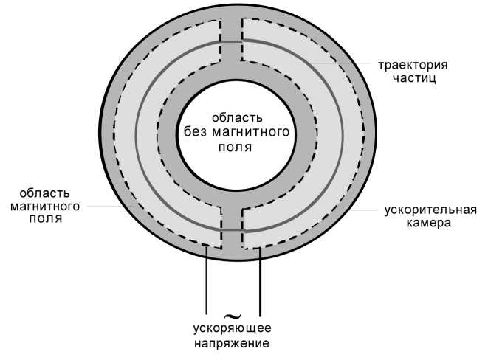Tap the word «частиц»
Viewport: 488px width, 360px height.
point(410,77)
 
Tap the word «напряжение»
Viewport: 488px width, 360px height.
point(231,344)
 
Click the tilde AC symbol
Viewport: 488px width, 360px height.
point(232,315)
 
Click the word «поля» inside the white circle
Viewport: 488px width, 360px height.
point(236,146)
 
